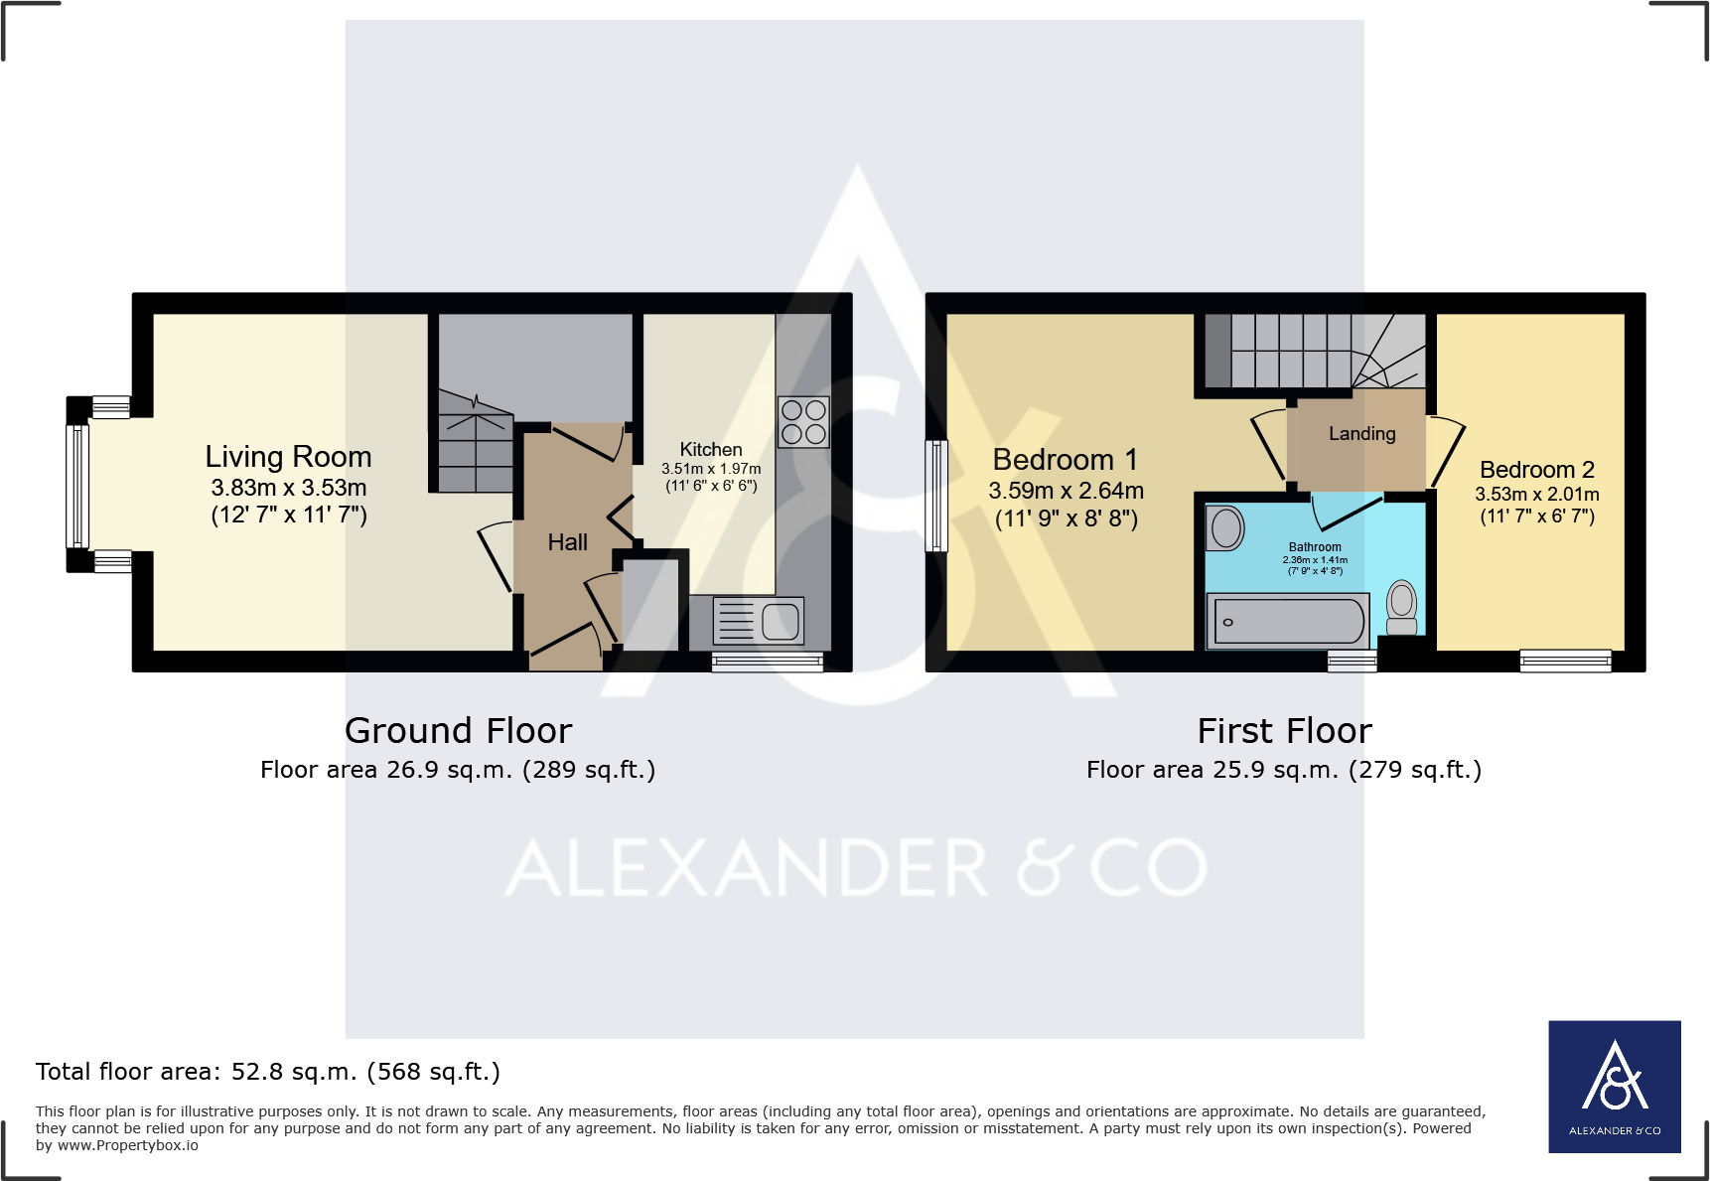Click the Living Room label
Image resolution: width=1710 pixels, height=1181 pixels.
[288, 457]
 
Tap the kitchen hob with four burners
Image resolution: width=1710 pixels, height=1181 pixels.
[803, 422]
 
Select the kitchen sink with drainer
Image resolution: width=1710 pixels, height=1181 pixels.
[760, 622]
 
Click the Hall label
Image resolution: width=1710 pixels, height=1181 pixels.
[567, 542]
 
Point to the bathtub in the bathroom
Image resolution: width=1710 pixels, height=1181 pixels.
[1288, 622]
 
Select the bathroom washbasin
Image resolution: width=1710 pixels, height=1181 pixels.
[1226, 528]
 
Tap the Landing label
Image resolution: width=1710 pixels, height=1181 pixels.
[1361, 434]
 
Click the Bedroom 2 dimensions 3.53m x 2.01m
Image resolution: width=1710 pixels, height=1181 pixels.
[1536, 495]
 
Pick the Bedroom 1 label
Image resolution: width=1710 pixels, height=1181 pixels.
[1065, 460]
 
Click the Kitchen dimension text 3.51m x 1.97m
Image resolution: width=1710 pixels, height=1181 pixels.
[711, 469]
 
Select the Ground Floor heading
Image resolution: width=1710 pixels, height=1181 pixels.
[458, 731]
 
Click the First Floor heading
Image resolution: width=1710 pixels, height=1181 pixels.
[1284, 731]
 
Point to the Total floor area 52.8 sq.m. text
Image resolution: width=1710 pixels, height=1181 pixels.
[268, 1072]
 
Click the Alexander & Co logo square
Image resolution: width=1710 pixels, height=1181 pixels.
[1614, 1087]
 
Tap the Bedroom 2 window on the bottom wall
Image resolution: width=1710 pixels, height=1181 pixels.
[1565, 662]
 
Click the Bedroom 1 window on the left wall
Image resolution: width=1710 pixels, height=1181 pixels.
[935, 496]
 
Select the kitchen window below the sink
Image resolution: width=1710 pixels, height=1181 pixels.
[767, 662]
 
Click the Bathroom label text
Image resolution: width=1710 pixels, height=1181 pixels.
[1315, 547]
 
